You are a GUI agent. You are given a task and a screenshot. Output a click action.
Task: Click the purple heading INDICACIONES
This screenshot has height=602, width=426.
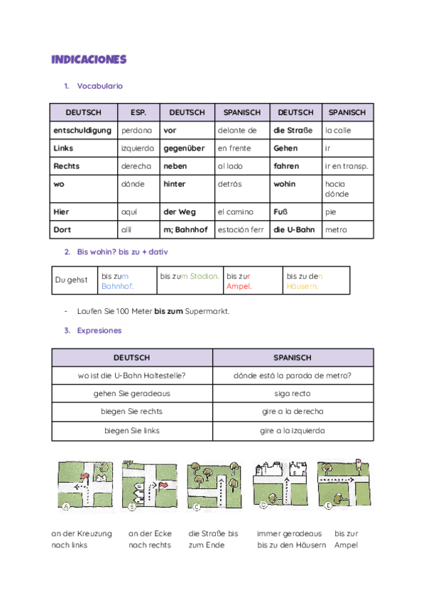(88, 59)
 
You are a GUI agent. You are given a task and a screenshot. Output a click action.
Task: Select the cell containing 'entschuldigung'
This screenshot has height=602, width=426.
(82, 131)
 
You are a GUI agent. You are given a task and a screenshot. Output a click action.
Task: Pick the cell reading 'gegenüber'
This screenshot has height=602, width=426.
(180, 148)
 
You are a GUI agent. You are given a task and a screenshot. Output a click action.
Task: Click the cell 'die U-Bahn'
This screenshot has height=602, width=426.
(293, 229)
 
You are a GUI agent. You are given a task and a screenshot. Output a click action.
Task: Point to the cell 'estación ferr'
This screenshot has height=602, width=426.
(241, 229)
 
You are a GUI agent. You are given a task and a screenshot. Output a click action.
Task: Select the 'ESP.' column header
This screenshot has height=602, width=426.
(138, 112)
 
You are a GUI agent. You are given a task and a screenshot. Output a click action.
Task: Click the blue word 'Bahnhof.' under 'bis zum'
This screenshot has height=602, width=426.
(117, 286)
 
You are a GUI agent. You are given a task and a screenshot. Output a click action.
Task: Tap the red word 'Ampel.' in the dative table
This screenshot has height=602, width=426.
(239, 286)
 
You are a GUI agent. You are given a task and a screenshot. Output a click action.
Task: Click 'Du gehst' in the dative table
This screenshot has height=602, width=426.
(71, 280)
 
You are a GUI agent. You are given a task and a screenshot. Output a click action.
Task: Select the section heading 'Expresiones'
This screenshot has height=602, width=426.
(99, 330)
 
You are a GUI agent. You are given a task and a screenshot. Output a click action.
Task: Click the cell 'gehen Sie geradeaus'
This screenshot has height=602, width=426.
(132, 393)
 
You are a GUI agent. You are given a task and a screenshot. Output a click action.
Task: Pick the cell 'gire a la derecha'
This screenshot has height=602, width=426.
(293, 412)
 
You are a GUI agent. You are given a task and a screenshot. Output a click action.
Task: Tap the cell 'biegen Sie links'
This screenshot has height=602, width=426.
(132, 430)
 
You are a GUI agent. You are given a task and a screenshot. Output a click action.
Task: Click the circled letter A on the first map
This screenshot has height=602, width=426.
(66, 507)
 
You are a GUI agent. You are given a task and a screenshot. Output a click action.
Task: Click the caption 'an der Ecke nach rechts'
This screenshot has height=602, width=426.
(150, 540)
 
